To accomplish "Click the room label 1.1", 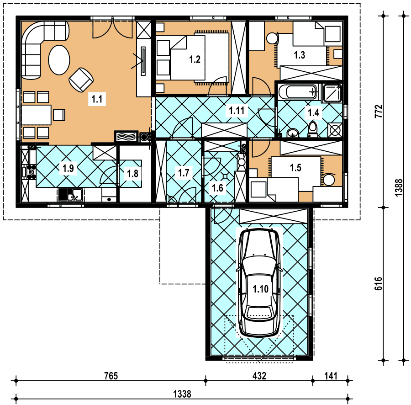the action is point(97,99).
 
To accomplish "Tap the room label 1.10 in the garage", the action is point(261,289).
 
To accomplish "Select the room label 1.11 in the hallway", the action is point(237,111).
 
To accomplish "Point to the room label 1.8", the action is point(132,173).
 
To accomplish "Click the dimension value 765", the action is point(111,376).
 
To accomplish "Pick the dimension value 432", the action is point(259,376).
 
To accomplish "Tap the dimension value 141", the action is point(331,376).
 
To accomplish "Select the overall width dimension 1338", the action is point(182,394).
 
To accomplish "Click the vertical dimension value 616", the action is point(378,283).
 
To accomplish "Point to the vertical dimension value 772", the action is point(378,111).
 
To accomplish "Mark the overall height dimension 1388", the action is point(399,187).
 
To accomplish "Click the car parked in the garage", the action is point(259,282).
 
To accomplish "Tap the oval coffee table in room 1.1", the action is point(59,60).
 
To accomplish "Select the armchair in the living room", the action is point(81,80).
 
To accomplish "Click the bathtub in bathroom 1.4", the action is point(298,92).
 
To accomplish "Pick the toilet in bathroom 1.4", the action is point(312,129).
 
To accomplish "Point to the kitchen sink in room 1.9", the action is point(70,195).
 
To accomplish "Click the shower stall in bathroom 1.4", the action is point(332,93).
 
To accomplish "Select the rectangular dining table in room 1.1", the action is point(36,115).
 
